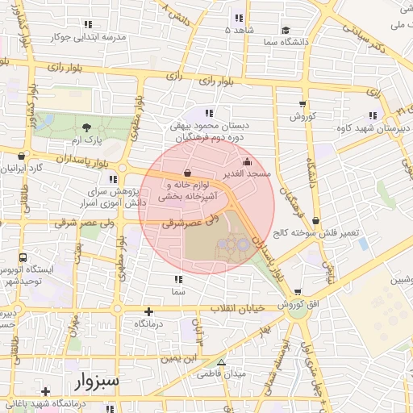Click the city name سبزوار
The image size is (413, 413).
coord(82,380)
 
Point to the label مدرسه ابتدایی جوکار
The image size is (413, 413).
coord(89,37)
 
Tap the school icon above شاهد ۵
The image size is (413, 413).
coord(239,18)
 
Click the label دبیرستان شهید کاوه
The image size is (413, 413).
coord(373,127)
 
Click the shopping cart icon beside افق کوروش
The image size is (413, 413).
coord(298,292)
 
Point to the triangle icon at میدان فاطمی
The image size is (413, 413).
coord(222,362)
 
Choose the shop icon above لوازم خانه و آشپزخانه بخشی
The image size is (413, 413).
coord(187,172)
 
